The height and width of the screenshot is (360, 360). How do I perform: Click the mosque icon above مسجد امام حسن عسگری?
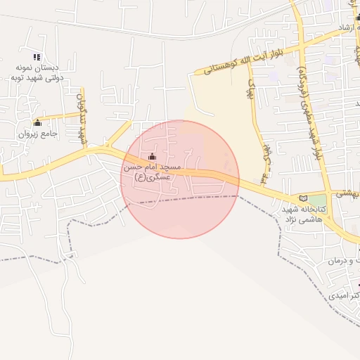153,156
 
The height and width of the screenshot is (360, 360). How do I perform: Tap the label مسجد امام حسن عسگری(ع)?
153,173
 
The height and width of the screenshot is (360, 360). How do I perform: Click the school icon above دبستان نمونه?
37,57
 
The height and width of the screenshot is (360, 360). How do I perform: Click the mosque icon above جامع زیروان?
37,123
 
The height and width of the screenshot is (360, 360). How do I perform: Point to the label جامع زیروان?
37,132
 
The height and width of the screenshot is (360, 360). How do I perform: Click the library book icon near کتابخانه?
303,199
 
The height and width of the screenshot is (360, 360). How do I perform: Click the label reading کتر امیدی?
345,296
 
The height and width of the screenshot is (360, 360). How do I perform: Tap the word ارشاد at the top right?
347,27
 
